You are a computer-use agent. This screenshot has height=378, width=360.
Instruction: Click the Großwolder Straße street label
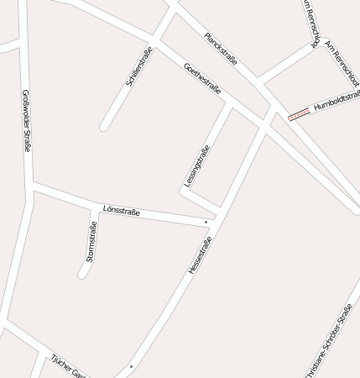point(27,120)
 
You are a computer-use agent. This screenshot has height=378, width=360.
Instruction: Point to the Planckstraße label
point(221,49)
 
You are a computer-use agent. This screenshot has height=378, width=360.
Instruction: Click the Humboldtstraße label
point(337,103)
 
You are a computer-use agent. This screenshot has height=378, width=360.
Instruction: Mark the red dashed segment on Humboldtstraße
point(297,116)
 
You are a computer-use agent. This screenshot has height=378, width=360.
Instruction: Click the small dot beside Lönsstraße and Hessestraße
point(206,222)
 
